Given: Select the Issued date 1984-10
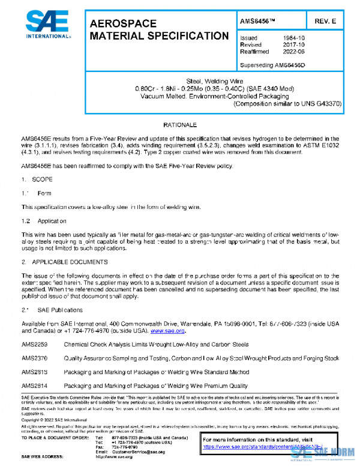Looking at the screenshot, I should [x=293, y=38].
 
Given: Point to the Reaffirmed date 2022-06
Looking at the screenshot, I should [x=293, y=52].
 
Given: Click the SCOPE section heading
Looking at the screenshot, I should [x=40, y=179].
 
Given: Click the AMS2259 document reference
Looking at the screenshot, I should [x=34, y=345].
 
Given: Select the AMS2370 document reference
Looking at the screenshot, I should [x=34, y=358].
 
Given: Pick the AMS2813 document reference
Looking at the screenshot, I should [x=34, y=372].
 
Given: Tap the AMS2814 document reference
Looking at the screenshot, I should [x=34, y=385].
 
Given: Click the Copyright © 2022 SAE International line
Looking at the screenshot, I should [x=55, y=419].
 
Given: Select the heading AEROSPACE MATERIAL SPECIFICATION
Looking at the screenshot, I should [x=159, y=30].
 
